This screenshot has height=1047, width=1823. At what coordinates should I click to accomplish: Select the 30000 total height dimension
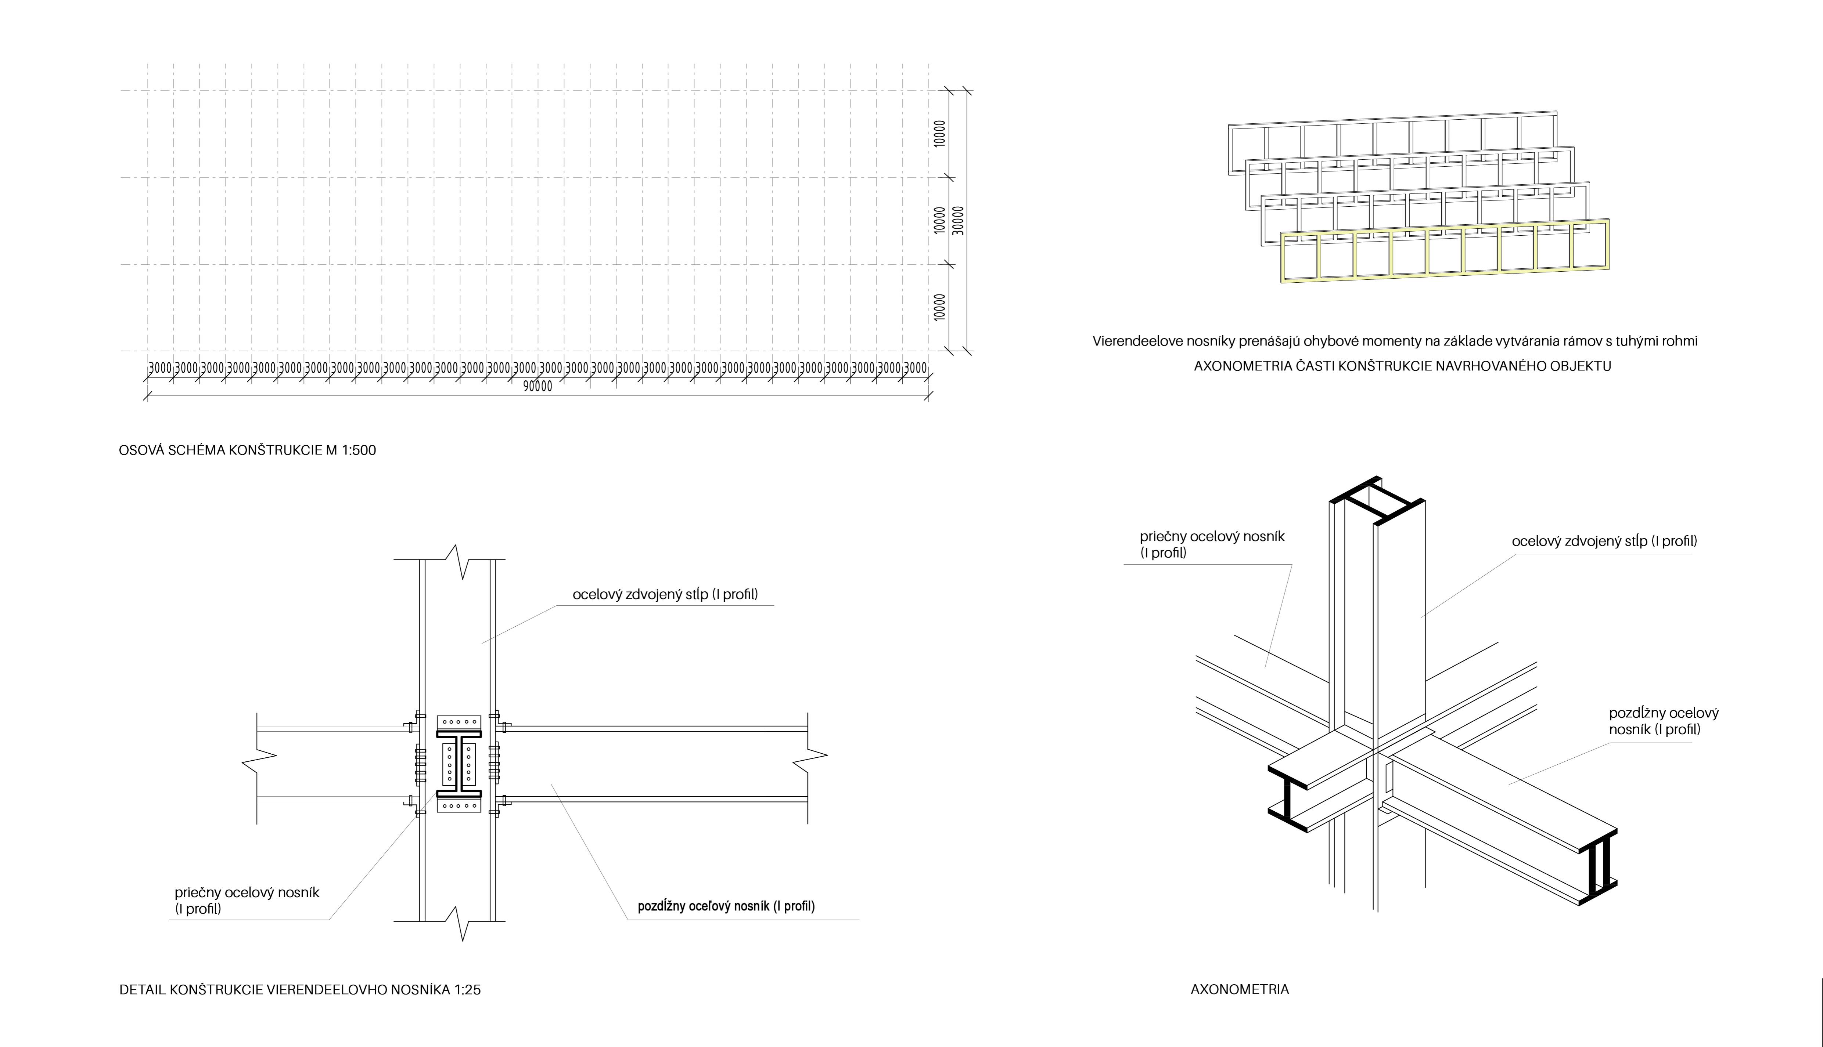tap(957, 221)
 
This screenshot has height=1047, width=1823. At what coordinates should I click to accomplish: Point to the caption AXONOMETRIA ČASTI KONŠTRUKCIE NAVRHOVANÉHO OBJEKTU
tap(1402, 366)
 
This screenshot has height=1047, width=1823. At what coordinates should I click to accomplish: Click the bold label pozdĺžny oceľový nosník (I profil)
tap(726, 906)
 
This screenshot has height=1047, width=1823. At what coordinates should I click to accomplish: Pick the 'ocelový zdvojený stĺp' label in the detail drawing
tap(665, 595)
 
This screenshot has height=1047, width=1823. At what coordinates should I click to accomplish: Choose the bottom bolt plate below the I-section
tap(458, 805)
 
